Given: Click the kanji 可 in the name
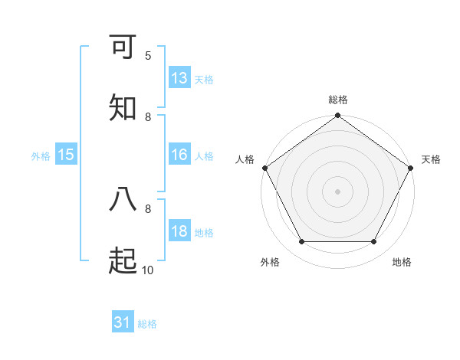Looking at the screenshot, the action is coord(123,47).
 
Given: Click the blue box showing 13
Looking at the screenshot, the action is coord(179,78).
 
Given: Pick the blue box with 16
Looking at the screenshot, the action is coord(179,155).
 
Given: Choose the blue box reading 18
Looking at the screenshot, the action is coord(179,231).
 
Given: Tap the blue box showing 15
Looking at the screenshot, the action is coord(66,155).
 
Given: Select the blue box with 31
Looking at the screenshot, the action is coord(123,323).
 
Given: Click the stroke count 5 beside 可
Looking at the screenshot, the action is coord(148,55).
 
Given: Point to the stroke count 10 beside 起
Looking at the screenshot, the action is coord(148,270).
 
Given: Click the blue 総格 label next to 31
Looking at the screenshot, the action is coord(147,324).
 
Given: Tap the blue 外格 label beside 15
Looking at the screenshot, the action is coord(41,155).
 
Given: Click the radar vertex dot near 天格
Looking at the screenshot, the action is coord(411,168).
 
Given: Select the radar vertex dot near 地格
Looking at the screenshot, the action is coord(374,242).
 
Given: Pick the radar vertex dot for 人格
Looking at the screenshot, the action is coord(265,168).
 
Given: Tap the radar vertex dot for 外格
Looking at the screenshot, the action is coord(301,242).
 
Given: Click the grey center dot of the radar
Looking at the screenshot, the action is coord(338,191).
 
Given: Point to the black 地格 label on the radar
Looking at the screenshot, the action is coord(402,262).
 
